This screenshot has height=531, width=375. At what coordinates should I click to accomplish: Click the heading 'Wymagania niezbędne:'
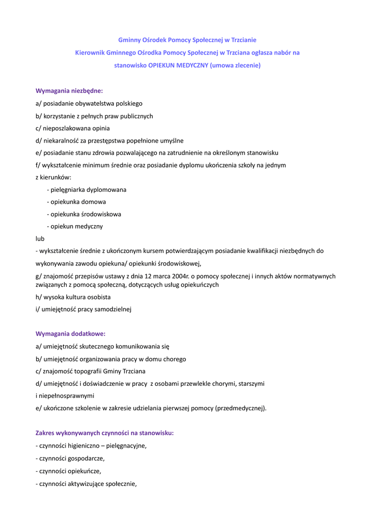click(x=69, y=91)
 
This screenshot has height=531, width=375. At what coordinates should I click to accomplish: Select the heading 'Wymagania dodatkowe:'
click(x=70, y=333)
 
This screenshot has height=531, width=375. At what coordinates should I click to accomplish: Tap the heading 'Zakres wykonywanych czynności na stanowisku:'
click(x=105, y=432)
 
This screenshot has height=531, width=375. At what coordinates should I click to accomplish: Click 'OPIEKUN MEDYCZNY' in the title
click(x=178, y=65)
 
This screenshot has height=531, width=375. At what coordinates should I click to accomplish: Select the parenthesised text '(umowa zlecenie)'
click(x=235, y=65)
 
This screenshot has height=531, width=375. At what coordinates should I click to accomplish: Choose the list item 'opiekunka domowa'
click(x=78, y=202)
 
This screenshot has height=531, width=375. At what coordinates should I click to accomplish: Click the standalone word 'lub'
click(x=40, y=239)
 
